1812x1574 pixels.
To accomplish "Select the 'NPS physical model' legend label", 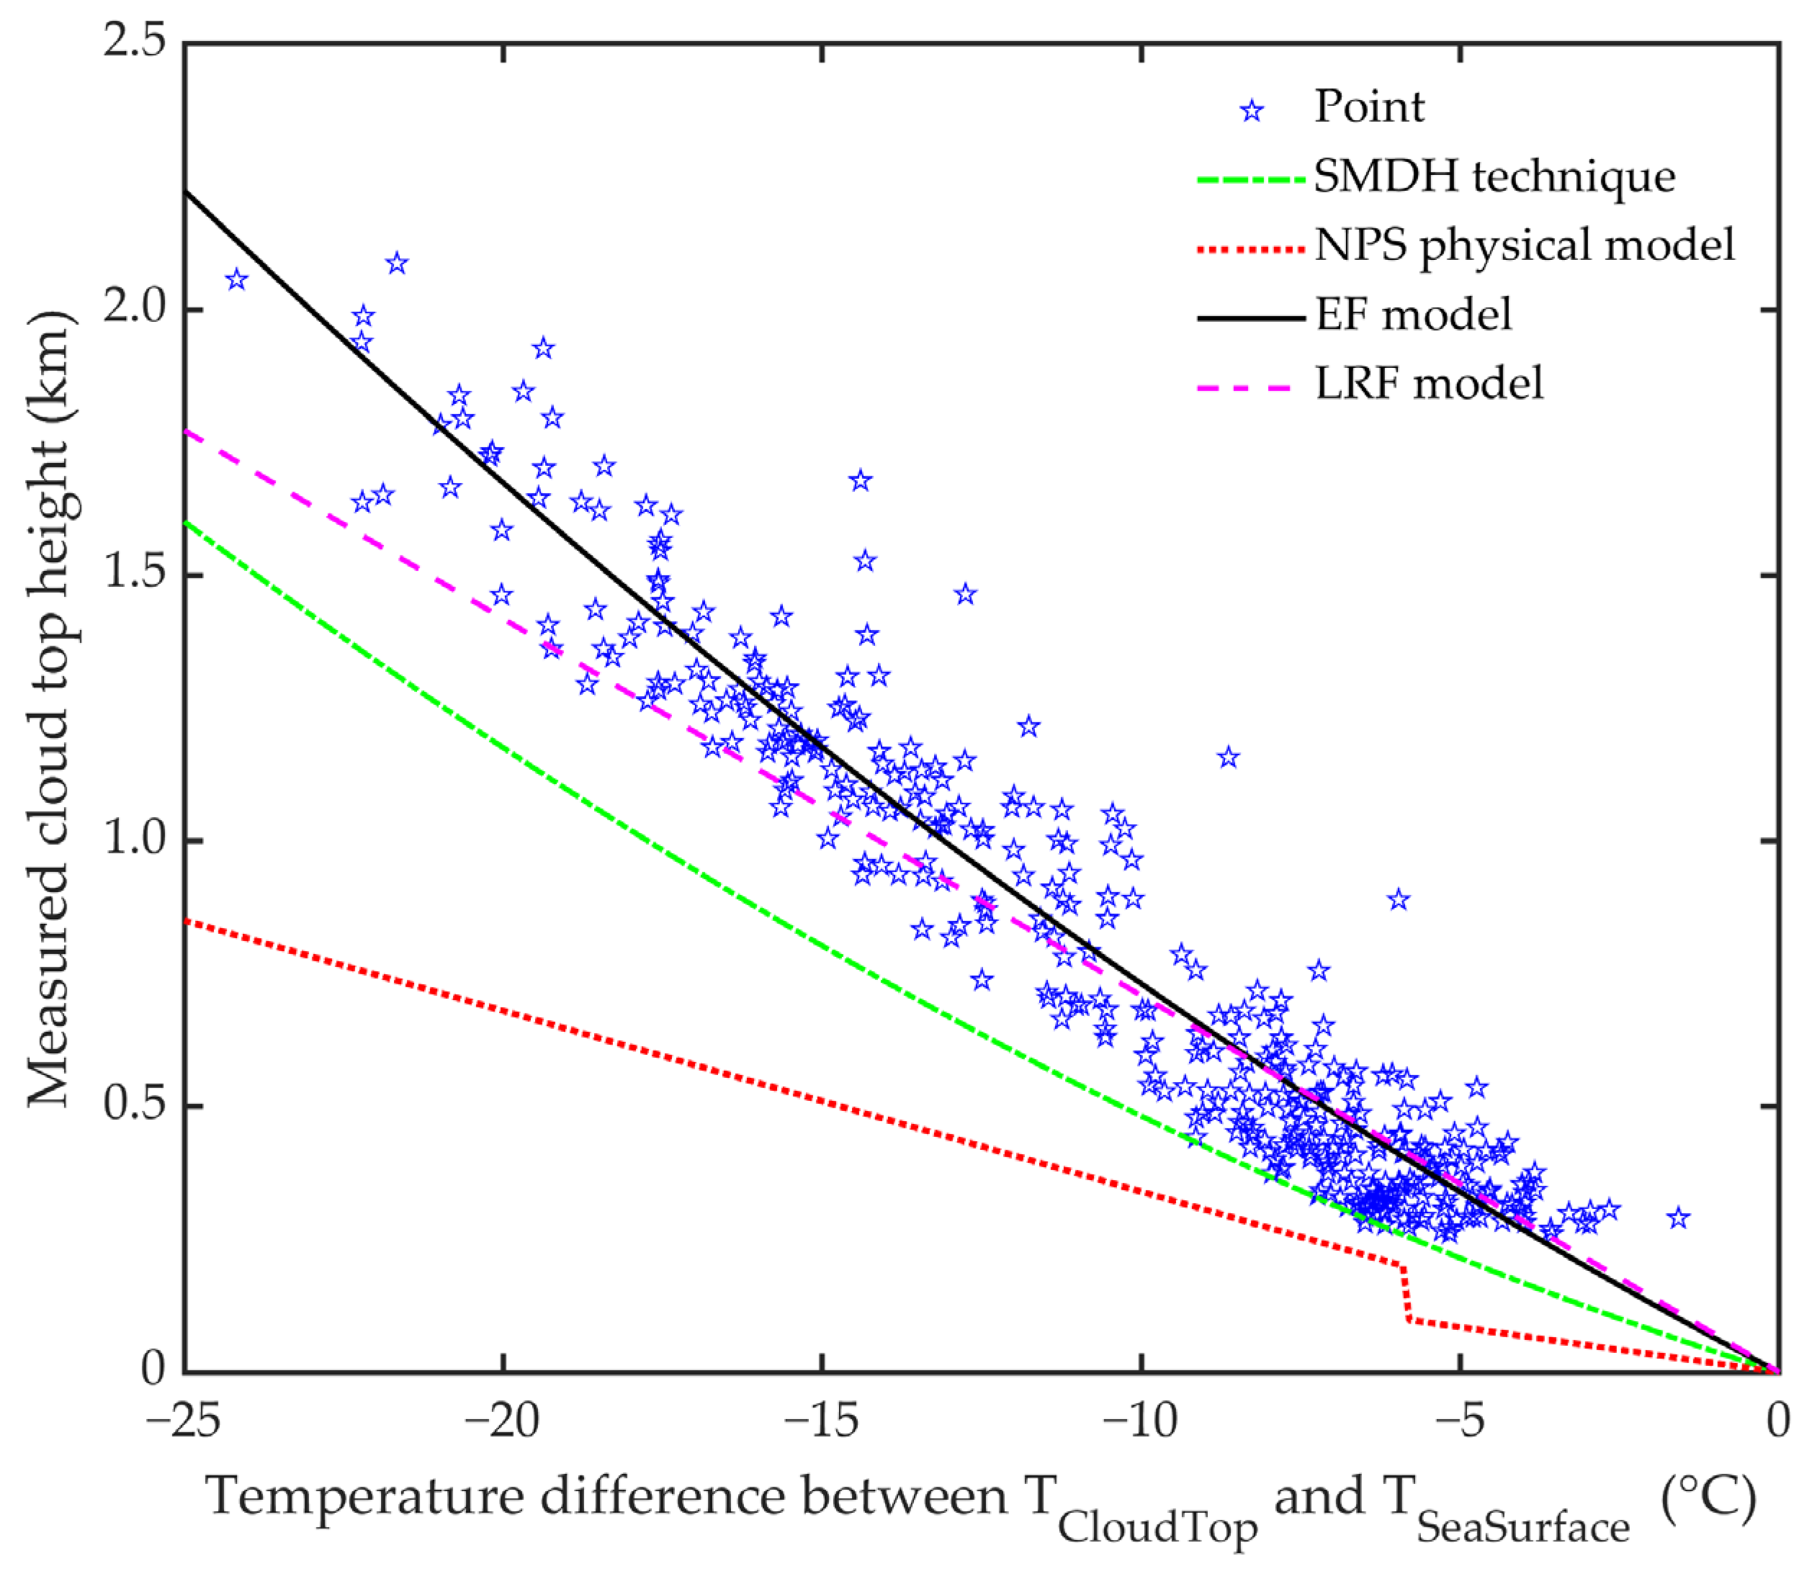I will point(1525,245).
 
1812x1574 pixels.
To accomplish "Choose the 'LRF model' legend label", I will point(1428,384).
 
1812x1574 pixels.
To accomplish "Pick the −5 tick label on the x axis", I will point(1460,1421).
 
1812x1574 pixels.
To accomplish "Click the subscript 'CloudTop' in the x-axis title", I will point(1157,1529).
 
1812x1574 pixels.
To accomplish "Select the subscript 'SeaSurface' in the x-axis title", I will point(1523,1529).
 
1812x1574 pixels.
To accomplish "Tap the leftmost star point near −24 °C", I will point(236,280).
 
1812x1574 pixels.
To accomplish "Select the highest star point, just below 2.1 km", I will point(397,263).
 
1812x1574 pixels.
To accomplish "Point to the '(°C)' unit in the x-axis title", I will point(1708,1498).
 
